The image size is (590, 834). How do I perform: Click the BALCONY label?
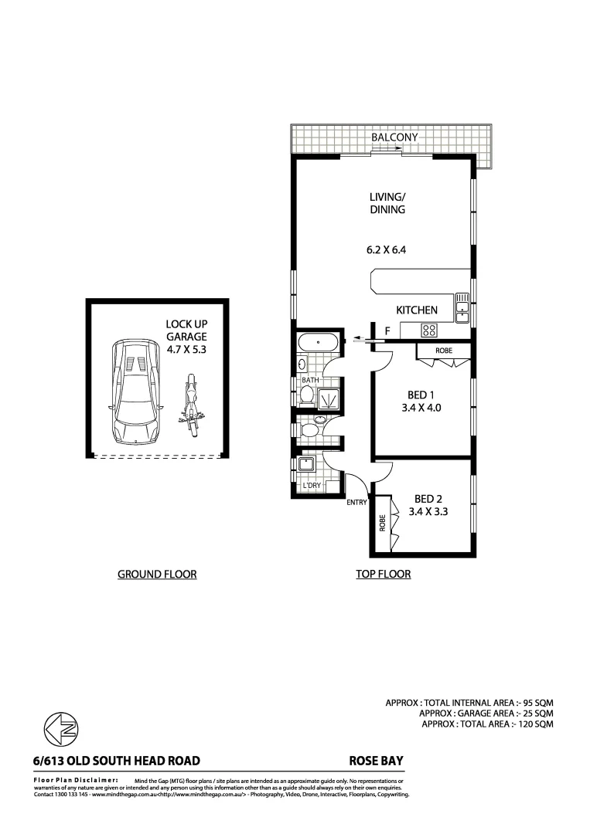(x=394, y=137)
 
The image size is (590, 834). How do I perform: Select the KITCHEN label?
(x=417, y=310)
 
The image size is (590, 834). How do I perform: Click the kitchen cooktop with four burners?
(x=430, y=330)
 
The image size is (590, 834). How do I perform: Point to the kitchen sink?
(x=462, y=307)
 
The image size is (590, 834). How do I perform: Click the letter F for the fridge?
(x=387, y=331)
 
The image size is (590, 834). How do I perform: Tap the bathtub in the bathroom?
(x=317, y=342)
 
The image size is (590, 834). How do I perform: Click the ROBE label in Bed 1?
(x=444, y=351)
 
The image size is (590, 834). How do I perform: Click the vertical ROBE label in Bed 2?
(x=382, y=524)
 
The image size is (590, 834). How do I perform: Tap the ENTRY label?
(x=356, y=503)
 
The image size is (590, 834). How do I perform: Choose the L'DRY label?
(x=312, y=485)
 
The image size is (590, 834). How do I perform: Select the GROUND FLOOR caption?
(x=156, y=574)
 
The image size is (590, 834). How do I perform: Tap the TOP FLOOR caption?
(x=383, y=574)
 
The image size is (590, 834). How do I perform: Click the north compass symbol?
(x=60, y=728)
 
